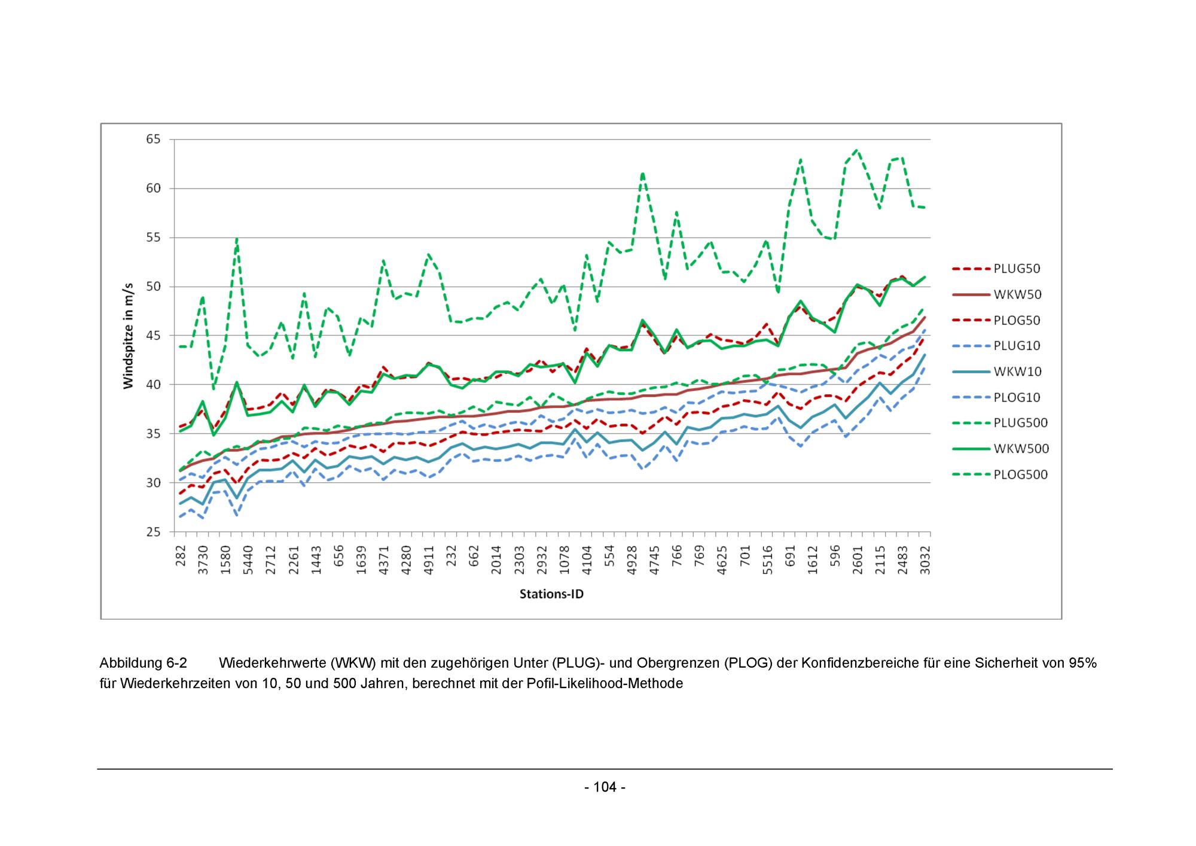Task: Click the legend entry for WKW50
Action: (1017, 294)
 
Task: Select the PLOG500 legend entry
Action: (1020, 474)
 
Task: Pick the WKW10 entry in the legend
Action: (1017, 372)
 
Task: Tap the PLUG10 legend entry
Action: (1017, 346)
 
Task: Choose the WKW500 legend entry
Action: (1021, 449)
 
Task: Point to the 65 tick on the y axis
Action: (154, 139)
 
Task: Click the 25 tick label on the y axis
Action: (154, 532)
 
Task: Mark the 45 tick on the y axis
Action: (154, 336)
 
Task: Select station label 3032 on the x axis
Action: (925, 560)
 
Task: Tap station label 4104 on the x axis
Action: (587, 560)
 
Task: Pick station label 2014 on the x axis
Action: (497, 560)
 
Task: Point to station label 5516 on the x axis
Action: (767, 560)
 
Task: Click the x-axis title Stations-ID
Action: (551, 594)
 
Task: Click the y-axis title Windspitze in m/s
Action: (129, 336)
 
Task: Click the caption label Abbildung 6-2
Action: (143, 663)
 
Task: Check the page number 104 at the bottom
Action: (605, 787)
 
